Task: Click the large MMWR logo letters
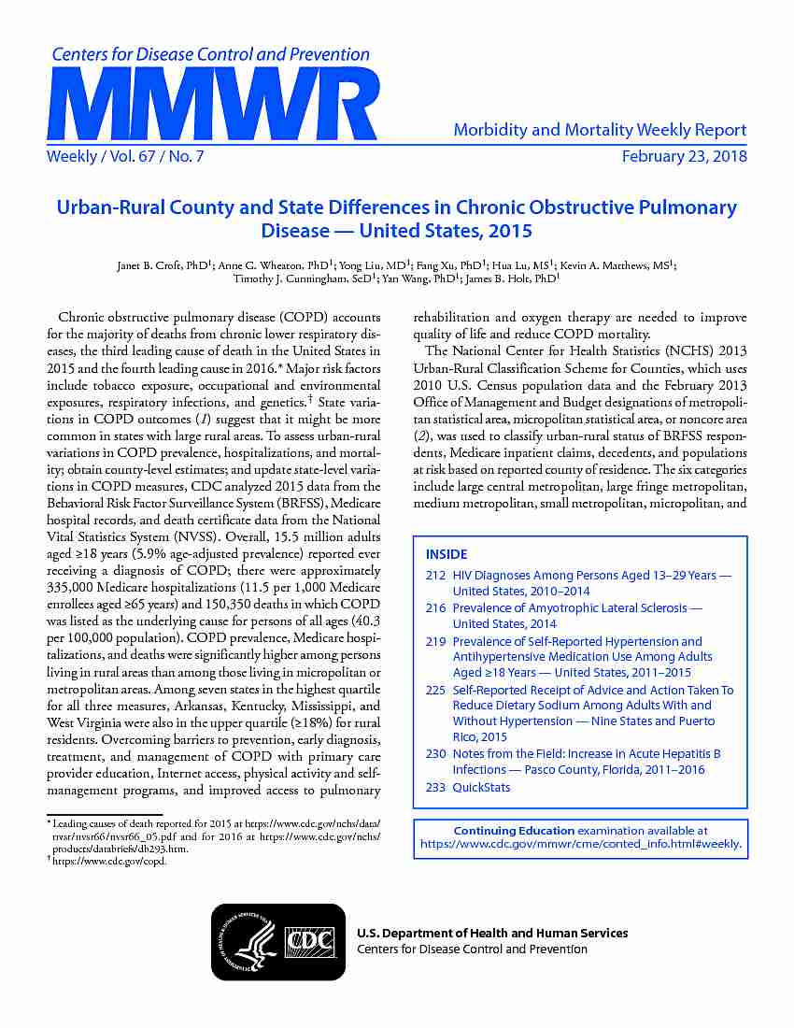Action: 213,104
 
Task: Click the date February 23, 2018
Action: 684,156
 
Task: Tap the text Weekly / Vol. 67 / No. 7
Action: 125,156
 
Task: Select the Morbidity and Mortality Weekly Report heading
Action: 600,130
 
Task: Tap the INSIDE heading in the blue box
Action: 447,554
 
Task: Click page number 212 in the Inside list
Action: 435,576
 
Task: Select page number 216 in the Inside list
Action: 435,608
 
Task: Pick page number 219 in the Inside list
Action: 435,641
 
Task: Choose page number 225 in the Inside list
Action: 435,690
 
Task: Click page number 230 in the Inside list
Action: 435,753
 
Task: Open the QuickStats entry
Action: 481,787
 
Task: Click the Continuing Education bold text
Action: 514,830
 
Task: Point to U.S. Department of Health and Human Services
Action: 492,933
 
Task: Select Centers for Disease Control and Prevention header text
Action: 210,54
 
